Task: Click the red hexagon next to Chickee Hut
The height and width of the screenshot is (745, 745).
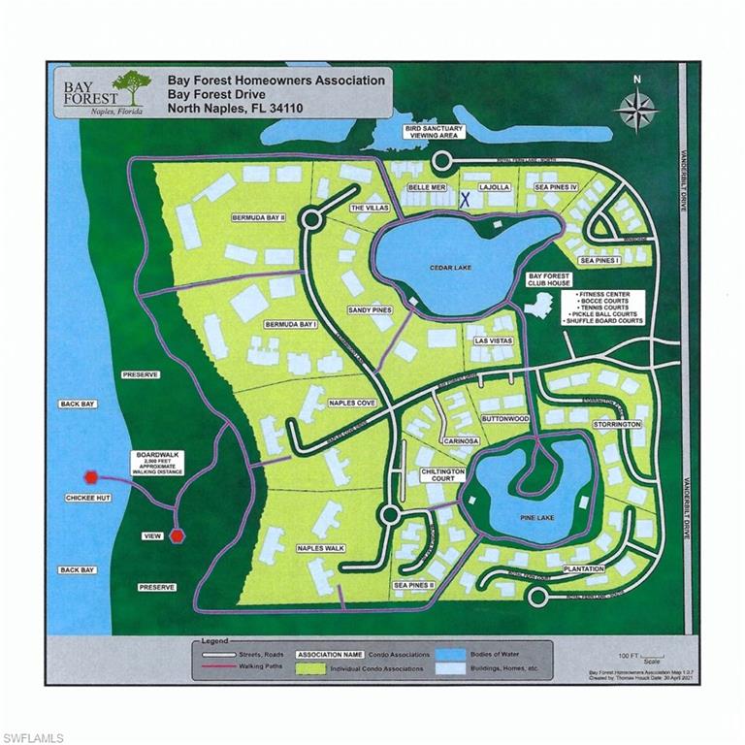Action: (x=91, y=476)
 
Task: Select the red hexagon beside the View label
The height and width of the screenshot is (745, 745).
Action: (x=177, y=534)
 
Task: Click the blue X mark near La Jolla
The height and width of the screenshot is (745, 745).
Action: (x=465, y=199)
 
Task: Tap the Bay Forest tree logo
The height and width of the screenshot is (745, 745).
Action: (x=128, y=86)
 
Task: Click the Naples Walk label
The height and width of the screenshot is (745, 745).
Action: (x=321, y=549)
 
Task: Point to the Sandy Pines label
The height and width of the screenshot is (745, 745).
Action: (x=369, y=310)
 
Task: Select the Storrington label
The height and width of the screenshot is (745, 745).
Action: (x=617, y=425)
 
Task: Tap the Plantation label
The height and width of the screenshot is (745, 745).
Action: (x=582, y=568)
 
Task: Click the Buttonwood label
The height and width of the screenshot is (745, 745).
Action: (x=504, y=419)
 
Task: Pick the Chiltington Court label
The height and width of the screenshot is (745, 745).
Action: (x=432, y=473)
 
